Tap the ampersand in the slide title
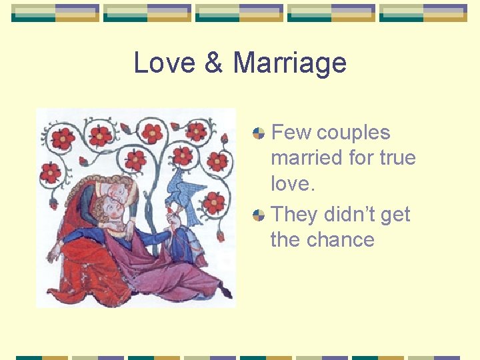tap(213, 63)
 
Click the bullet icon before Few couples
tap(259, 133)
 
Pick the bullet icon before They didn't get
tap(259, 215)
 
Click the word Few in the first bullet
tap(291, 133)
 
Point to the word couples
tap(353, 133)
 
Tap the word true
tap(397, 158)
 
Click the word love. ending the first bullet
tap(293, 183)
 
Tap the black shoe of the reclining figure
tap(226, 292)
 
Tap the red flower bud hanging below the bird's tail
tap(221, 236)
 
